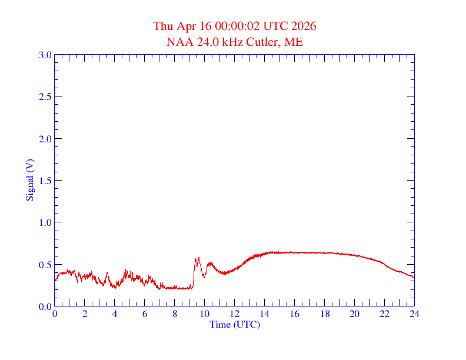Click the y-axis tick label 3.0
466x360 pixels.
(x=45, y=55)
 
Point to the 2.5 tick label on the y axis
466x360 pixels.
(x=45, y=96)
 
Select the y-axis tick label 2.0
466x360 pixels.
(x=45, y=139)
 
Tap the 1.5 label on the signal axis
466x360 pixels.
(x=45, y=181)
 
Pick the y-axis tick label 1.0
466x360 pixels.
(x=45, y=222)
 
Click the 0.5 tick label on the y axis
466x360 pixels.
(x=45, y=265)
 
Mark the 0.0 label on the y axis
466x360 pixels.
(x=45, y=306)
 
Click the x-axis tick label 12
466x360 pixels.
(x=235, y=314)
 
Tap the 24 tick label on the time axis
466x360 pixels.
(x=414, y=314)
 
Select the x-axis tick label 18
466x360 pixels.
(x=325, y=314)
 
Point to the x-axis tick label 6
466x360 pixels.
(x=145, y=314)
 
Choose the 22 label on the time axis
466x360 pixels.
(x=384, y=314)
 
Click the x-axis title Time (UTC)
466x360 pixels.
(x=235, y=324)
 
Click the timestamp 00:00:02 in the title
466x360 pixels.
(x=231, y=26)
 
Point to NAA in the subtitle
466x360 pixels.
(x=179, y=42)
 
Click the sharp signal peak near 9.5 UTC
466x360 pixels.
(x=199, y=258)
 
